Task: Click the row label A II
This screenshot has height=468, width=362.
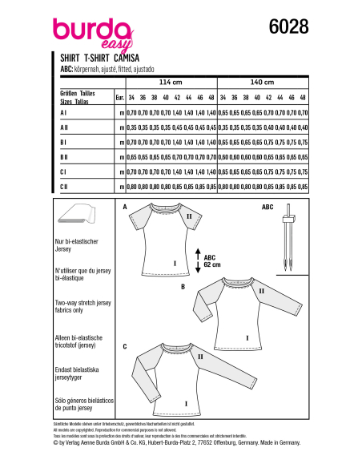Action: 64,127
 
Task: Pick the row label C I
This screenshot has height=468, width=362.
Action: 63,172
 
